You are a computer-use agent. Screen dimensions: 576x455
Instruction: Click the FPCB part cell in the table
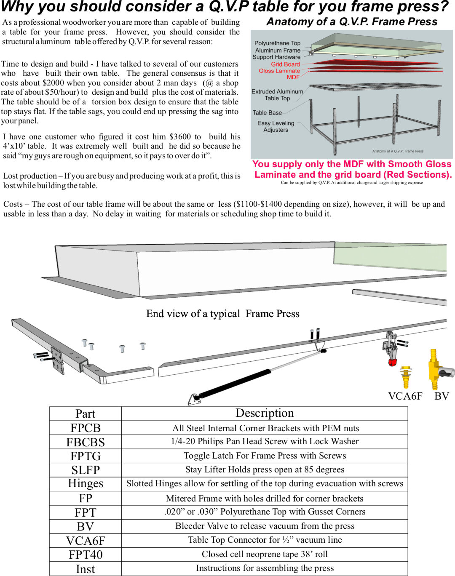click(86, 428)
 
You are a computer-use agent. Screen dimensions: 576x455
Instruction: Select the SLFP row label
click(86, 470)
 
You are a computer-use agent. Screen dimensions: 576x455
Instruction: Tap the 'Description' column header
click(265, 413)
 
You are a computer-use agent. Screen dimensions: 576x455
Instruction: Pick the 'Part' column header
click(86, 413)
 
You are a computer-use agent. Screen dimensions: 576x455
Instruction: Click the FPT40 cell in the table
click(86, 555)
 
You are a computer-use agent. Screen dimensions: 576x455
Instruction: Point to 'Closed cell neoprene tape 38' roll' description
click(265, 554)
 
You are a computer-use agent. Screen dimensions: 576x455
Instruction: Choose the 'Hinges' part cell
click(86, 483)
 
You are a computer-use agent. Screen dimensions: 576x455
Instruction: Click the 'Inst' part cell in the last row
click(86, 569)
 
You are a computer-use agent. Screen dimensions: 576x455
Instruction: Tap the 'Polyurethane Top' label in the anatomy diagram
click(277, 43)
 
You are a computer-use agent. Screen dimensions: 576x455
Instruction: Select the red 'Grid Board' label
click(285, 64)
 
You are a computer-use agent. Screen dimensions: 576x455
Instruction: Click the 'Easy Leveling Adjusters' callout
click(276, 126)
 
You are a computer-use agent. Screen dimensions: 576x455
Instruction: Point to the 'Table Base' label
click(267, 112)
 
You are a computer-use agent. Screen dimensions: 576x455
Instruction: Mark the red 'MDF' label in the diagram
click(293, 77)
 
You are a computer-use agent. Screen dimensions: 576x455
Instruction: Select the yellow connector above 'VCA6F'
click(406, 376)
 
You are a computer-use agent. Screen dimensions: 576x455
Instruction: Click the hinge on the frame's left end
click(57, 360)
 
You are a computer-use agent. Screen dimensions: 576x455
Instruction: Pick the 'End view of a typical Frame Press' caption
click(222, 314)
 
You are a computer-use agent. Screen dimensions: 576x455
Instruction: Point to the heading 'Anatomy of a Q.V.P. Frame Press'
click(352, 22)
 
